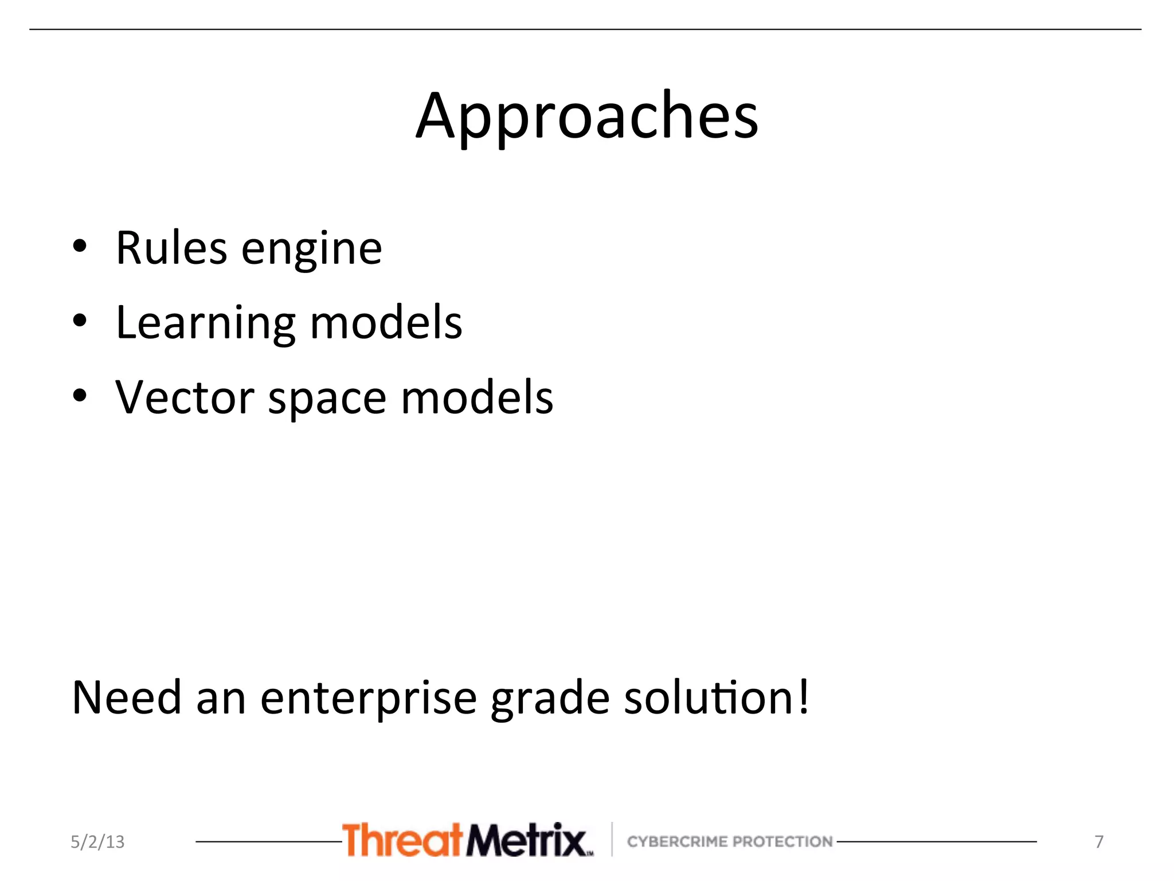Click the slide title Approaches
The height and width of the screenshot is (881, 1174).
coord(587,118)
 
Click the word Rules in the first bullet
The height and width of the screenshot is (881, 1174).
coord(171,248)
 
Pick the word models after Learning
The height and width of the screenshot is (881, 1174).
coord(386,323)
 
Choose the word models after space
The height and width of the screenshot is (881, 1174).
coord(477,397)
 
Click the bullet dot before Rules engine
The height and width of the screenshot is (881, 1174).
coord(80,247)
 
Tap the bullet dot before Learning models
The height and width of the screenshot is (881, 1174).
coord(80,321)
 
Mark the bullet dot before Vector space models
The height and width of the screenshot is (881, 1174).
coord(80,396)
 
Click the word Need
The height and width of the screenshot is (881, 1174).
coord(127,698)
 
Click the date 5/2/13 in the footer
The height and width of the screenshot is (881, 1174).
coord(97,842)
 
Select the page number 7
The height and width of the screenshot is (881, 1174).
coord(1099,842)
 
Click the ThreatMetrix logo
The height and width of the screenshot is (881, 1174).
coord(467,840)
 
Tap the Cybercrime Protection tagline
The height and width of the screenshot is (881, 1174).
coord(730,841)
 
